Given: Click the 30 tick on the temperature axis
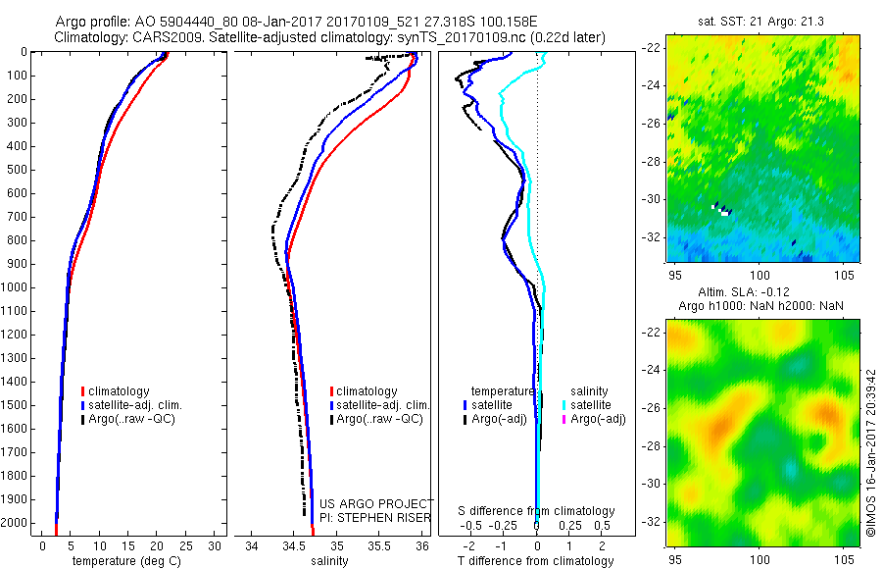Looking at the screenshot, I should [x=215, y=545].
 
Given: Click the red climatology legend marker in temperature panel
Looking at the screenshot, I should [x=82, y=391].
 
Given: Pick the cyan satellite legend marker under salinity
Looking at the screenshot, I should [x=564, y=404].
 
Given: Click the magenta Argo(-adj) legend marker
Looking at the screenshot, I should [x=564, y=419].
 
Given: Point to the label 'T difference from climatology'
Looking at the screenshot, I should [x=535, y=561].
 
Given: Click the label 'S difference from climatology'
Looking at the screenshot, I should [x=537, y=511].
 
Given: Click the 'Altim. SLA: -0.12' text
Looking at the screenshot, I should [x=754, y=293].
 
